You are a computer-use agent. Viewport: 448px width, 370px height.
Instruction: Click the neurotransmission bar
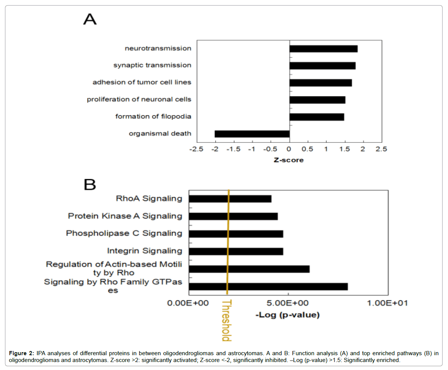323,49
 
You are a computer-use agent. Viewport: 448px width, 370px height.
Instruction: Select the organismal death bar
252,134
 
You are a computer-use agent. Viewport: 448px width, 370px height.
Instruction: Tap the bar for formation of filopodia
316,117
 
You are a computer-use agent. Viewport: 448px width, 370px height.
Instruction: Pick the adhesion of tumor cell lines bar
321,83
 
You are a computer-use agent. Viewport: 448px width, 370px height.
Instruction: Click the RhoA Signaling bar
230,199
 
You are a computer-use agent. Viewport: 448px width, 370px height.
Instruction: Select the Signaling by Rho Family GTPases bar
268,286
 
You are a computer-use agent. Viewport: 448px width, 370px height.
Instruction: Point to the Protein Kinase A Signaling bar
233,216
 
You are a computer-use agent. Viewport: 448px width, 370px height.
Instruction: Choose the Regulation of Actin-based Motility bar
249,269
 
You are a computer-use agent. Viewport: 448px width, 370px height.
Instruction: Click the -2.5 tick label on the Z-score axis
196,149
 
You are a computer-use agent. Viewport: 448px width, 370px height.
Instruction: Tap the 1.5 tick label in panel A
344,149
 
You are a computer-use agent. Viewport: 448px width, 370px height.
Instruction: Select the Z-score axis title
289,160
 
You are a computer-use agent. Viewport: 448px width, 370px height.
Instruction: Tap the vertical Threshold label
226,320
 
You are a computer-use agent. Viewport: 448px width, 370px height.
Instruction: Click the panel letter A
90,19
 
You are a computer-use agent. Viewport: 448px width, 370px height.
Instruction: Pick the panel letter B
90,185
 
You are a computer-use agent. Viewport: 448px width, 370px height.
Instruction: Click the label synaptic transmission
152,65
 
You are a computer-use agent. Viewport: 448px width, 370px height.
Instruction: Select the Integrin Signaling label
145,251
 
